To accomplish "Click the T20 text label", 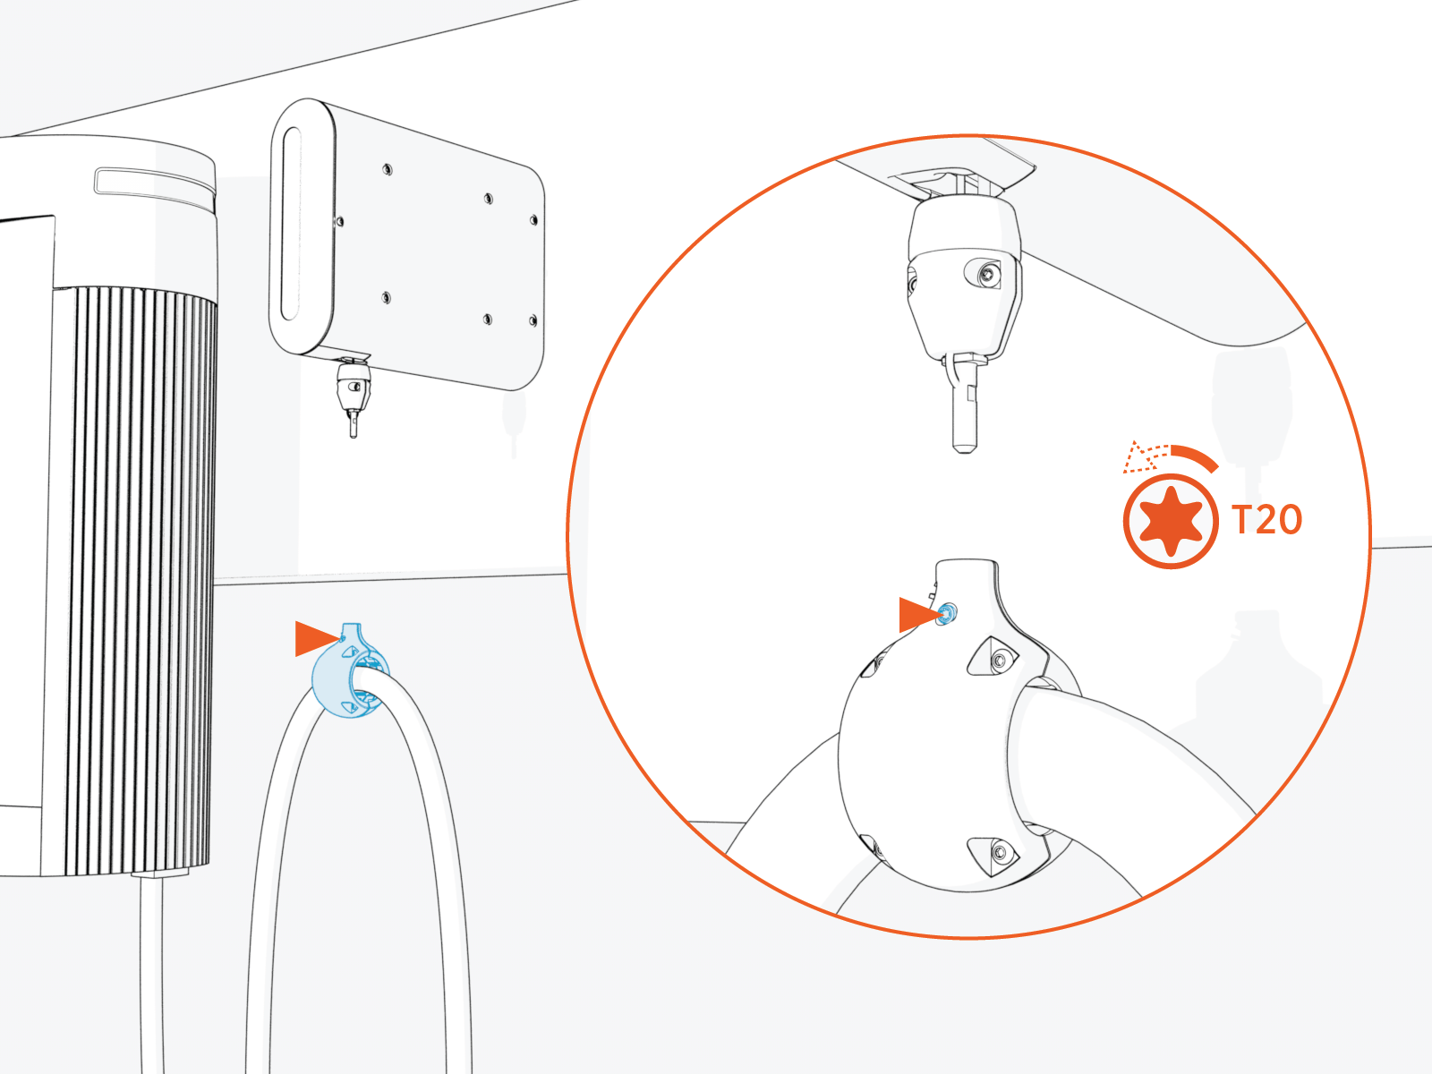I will pyautogui.click(x=1266, y=520).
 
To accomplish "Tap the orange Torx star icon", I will pyautogui.click(x=1170, y=522).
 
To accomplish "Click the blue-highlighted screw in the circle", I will pyautogui.click(x=947, y=614).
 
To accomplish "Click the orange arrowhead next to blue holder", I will pyautogui.click(x=315, y=638).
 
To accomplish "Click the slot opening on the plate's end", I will pyautogui.click(x=291, y=224).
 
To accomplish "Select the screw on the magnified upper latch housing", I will pyautogui.click(x=986, y=275).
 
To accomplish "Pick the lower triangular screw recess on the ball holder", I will pyautogui.click(x=995, y=852).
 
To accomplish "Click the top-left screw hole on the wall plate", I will pyautogui.click(x=388, y=168).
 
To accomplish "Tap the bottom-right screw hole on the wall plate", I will pyautogui.click(x=533, y=320).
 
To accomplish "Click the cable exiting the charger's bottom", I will pyautogui.click(x=151, y=967).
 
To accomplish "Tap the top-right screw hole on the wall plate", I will pyautogui.click(x=534, y=219).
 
